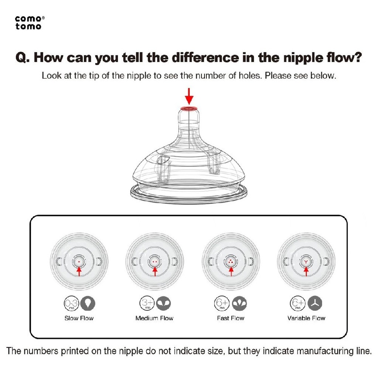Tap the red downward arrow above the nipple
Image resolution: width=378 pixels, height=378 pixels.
(x=189, y=96)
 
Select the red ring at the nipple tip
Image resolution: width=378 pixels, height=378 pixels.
(x=189, y=109)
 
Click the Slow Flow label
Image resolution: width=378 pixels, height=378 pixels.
(x=79, y=318)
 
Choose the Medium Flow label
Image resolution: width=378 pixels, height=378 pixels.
(x=154, y=318)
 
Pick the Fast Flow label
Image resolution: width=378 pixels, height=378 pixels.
(x=230, y=318)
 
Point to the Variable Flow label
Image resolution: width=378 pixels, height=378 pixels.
(x=306, y=318)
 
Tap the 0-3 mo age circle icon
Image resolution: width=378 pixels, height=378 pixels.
(x=71, y=303)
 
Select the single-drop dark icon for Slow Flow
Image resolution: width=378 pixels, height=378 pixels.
(x=88, y=303)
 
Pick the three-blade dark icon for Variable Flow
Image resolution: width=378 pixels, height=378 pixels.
(x=315, y=303)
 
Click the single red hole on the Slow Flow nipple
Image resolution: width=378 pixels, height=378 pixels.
(x=79, y=262)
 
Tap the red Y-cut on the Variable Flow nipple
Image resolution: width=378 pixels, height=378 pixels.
(x=306, y=262)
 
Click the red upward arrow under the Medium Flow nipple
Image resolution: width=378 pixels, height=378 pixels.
(x=155, y=271)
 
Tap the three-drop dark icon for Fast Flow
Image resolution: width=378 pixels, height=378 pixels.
(x=239, y=303)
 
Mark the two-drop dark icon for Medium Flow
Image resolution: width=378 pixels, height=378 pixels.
(x=164, y=303)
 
